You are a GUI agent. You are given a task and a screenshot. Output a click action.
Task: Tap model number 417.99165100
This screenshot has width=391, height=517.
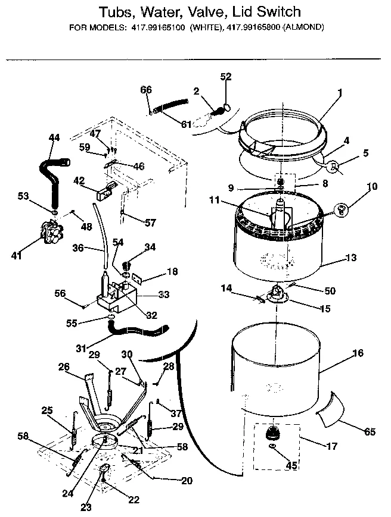coord(156,27)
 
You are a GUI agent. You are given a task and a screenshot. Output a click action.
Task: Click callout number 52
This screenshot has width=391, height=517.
coord(226,77)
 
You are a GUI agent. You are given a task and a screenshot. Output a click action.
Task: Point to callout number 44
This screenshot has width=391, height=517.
coord(54,137)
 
